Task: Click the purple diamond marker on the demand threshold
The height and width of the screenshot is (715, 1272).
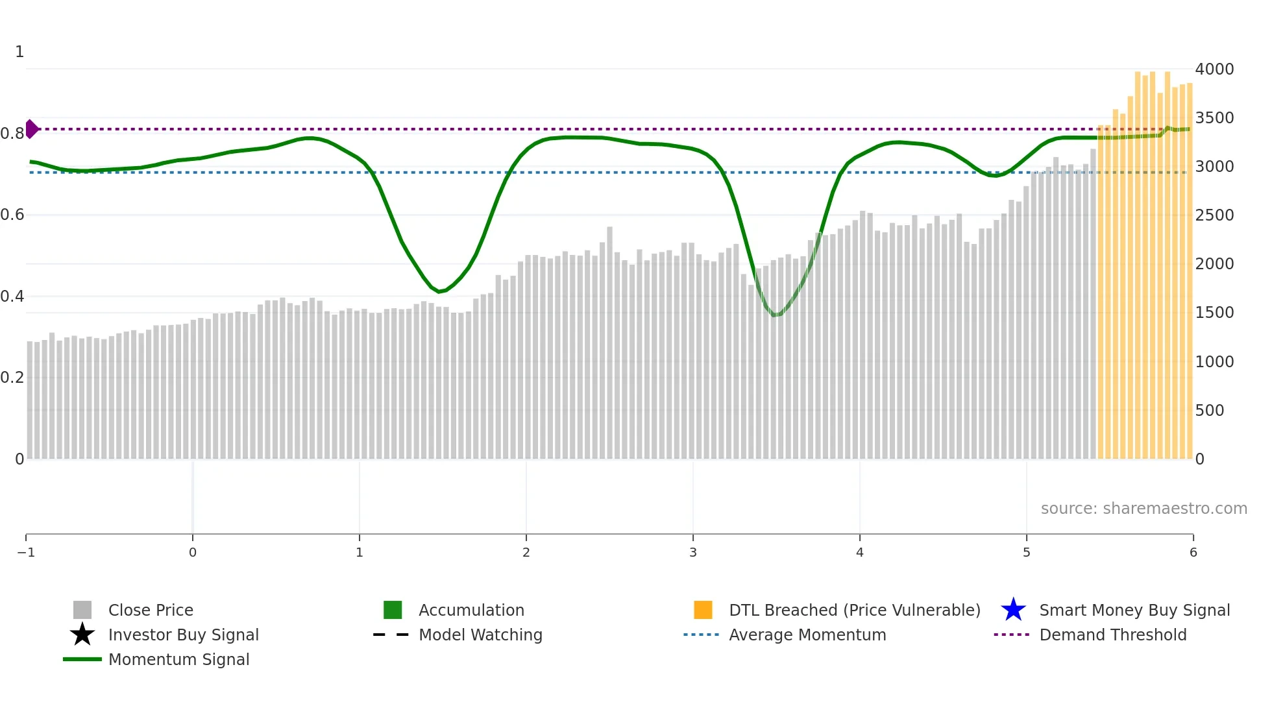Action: (31, 129)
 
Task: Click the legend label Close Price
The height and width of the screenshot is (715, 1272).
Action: (151, 610)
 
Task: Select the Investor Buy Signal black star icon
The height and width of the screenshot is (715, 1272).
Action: (82, 635)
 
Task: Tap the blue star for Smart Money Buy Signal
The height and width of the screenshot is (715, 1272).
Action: (1013, 610)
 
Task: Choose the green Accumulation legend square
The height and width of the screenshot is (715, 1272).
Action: (393, 610)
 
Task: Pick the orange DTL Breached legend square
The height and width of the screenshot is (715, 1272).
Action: (703, 610)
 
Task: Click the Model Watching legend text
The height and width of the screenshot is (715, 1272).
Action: (480, 635)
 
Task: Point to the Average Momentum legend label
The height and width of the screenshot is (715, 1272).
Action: (807, 635)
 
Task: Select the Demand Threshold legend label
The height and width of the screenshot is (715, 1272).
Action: (1112, 635)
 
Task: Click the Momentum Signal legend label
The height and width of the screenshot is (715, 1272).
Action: (178, 659)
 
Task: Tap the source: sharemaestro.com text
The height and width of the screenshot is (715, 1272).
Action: (1144, 508)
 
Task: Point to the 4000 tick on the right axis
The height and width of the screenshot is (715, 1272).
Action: (1214, 69)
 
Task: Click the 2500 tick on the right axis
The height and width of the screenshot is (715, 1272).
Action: (1214, 215)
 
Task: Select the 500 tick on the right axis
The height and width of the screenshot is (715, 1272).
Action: (1210, 410)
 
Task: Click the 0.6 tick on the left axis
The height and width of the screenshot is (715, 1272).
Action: (12, 215)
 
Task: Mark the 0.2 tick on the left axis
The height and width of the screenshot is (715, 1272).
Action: (12, 378)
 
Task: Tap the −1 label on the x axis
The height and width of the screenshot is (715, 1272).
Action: (26, 552)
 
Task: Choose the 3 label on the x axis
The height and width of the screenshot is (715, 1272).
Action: (693, 552)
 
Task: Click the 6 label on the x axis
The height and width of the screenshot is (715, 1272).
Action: (1193, 552)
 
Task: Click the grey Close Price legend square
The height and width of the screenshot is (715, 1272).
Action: (82, 610)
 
